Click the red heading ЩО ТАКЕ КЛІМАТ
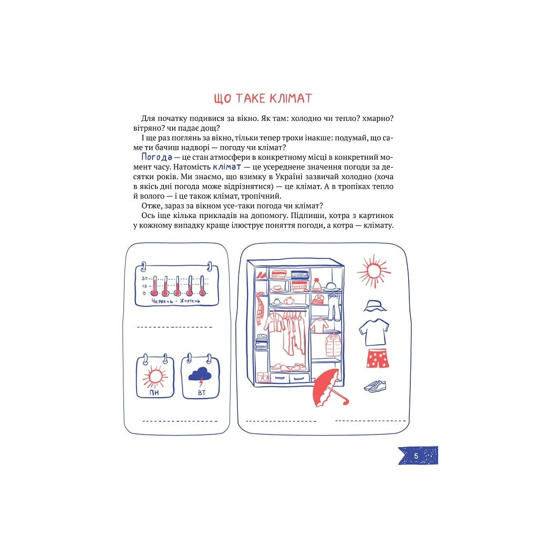[x=263, y=98]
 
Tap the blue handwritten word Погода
[x=157, y=157]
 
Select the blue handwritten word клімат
[x=227, y=167]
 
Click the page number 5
[x=416, y=456]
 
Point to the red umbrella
[x=330, y=388]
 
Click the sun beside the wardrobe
[x=374, y=271]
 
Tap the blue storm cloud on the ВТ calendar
[x=200, y=375]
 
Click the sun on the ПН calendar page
[x=155, y=376]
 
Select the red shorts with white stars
[x=377, y=358]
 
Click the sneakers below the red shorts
[x=375, y=386]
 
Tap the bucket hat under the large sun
[x=375, y=306]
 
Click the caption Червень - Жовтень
[x=175, y=301]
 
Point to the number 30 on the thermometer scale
[x=144, y=278]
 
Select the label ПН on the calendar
[x=154, y=392]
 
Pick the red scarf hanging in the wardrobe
[x=261, y=308]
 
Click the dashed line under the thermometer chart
[x=174, y=327]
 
